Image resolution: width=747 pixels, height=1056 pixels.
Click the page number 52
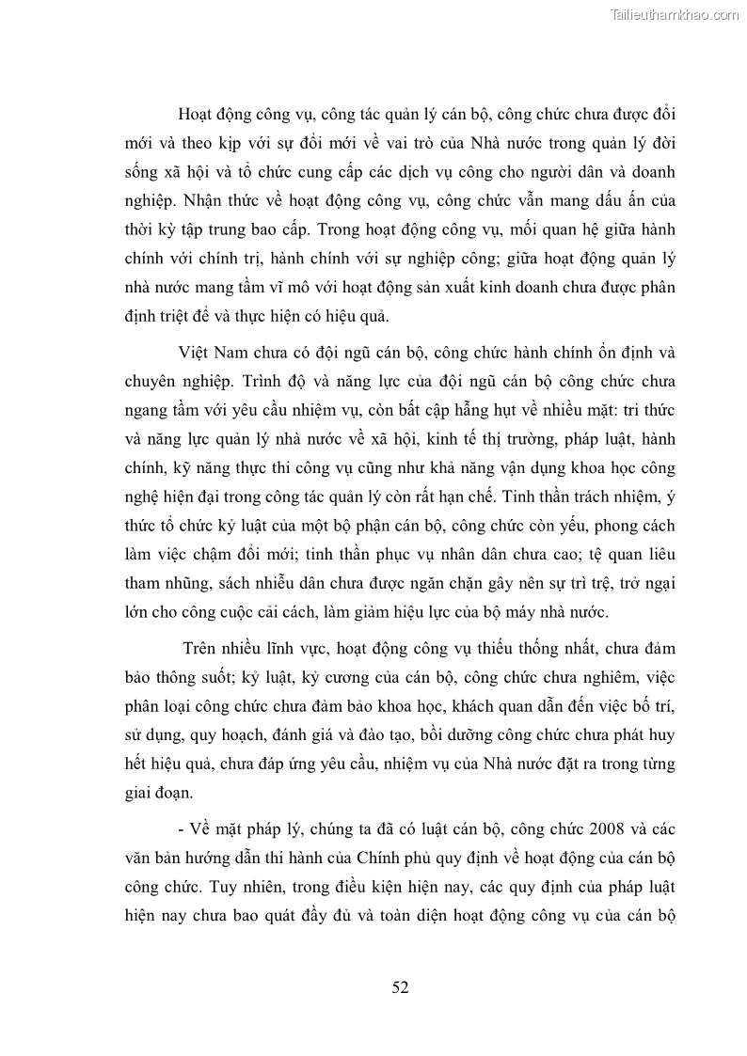400,986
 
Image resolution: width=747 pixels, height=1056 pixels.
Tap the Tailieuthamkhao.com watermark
675,14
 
